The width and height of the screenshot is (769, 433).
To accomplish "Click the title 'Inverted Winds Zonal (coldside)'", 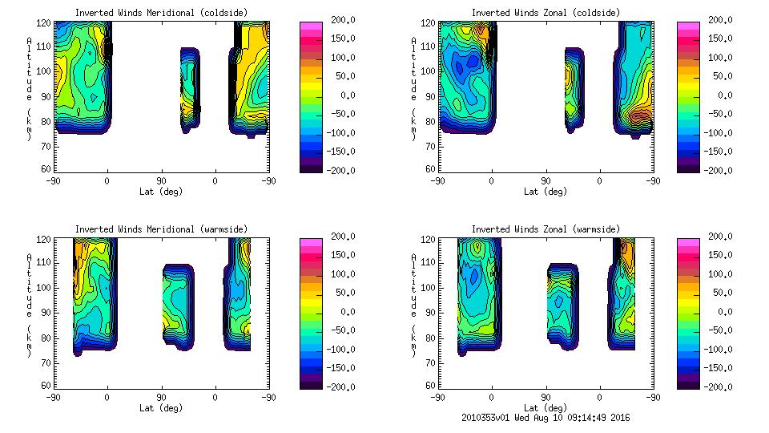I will point(546,13).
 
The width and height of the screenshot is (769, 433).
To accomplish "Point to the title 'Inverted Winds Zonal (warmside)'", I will point(546,229).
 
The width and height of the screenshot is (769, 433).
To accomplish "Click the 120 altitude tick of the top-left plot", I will point(46,22).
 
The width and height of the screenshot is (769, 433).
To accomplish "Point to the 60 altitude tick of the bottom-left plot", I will point(48,386).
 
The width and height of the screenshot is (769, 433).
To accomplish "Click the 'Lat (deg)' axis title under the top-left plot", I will point(161,192).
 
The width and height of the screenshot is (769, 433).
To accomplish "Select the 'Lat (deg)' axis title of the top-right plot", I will point(546,192).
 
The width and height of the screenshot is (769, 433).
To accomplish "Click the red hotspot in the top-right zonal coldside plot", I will point(641,116).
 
